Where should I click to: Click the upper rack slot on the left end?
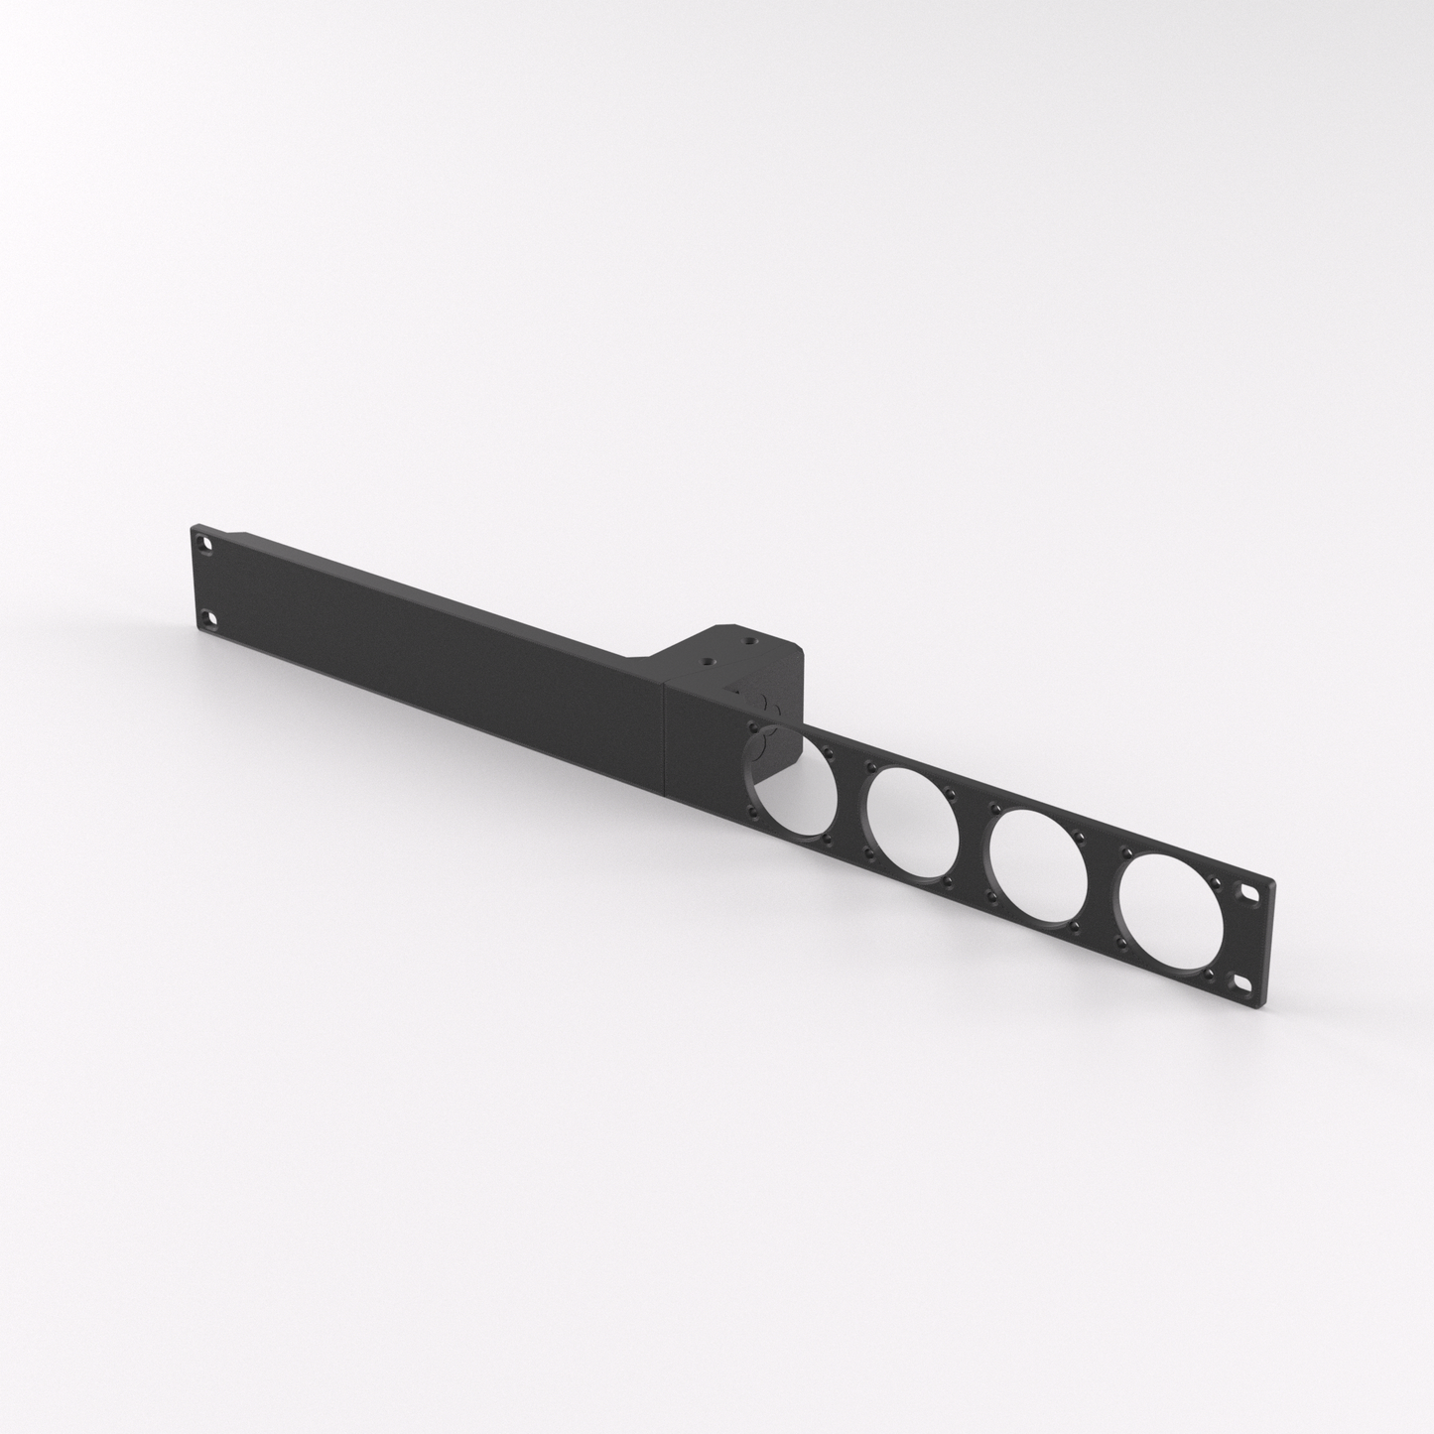pyautogui.click(x=203, y=545)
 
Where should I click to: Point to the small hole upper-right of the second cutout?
pyautogui.click(x=951, y=792)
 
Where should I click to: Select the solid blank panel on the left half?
pyautogui.click(x=427, y=645)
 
